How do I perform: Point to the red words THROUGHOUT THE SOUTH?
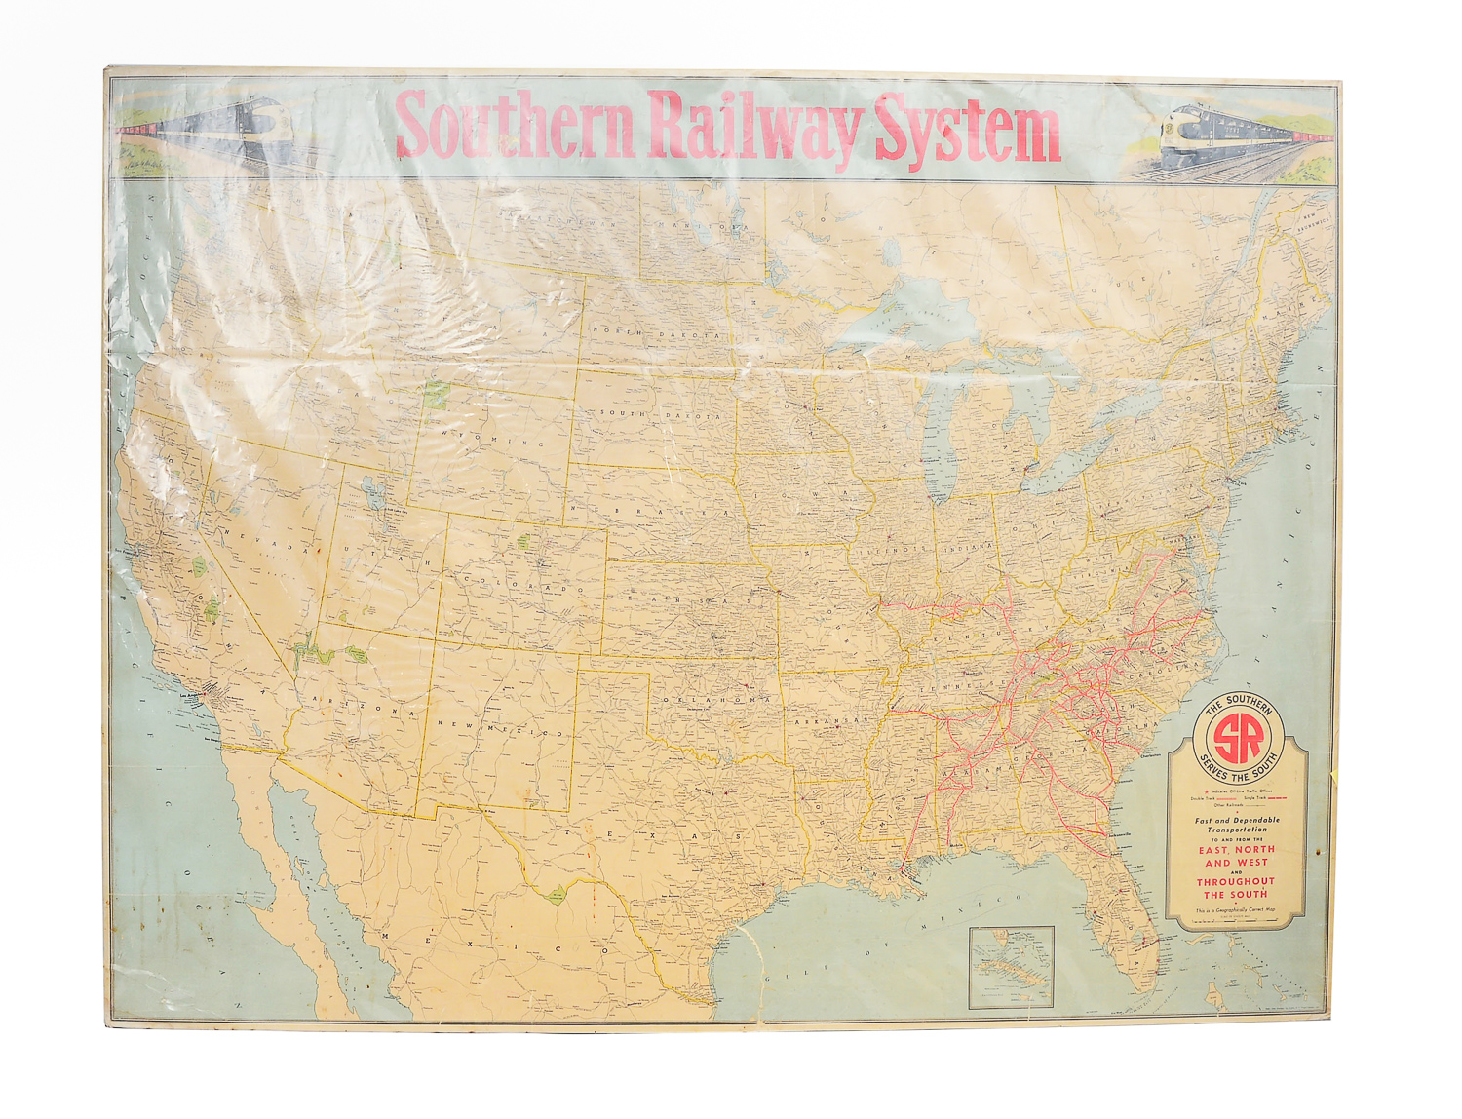[1236, 888]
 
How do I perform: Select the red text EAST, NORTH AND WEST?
[1236, 856]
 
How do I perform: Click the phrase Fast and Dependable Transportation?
[1237, 825]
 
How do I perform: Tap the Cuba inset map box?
[1012, 966]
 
